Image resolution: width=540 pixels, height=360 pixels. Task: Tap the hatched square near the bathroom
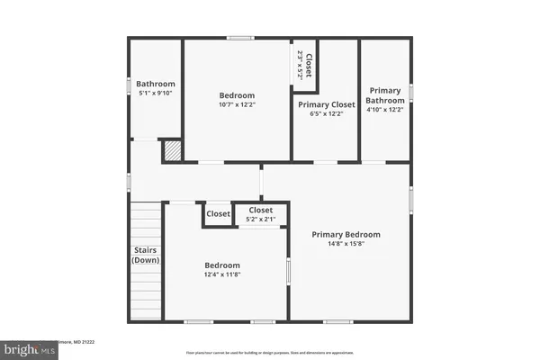(172, 151)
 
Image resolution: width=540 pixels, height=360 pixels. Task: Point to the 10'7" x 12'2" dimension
(237, 104)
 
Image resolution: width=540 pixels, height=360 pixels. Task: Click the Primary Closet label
(326, 104)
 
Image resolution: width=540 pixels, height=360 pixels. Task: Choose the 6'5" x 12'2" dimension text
(326, 113)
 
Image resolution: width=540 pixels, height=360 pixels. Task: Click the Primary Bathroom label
(386, 94)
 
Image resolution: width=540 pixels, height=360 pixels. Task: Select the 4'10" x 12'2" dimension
(386, 110)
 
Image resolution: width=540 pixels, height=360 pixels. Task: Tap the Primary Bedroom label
(346, 234)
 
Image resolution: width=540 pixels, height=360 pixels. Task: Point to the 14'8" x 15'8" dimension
(346, 243)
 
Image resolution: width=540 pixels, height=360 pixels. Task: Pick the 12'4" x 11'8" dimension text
(221, 274)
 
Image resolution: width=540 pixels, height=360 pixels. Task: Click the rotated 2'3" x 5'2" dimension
(299, 65)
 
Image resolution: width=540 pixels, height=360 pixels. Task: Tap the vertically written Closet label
(309, 65)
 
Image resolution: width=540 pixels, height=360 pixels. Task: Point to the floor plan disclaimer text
(269, 353)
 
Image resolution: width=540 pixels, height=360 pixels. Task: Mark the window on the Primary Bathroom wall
(411, 92)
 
